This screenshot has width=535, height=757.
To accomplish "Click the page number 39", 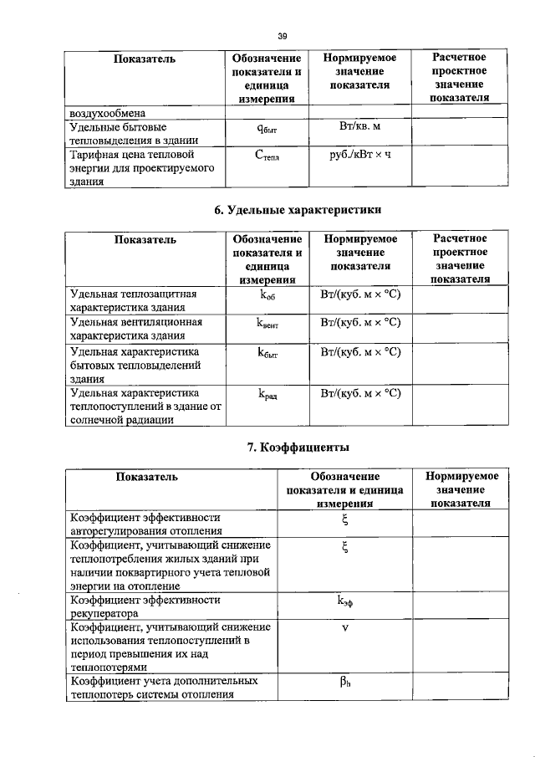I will point(282,35).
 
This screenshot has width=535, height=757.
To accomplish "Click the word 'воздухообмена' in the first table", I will point(107,112).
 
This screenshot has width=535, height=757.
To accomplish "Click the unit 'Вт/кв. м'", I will point(360,126).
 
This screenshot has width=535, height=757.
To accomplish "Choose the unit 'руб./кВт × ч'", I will point(360,155).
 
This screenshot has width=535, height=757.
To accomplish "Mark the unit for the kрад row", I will point(360,392).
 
